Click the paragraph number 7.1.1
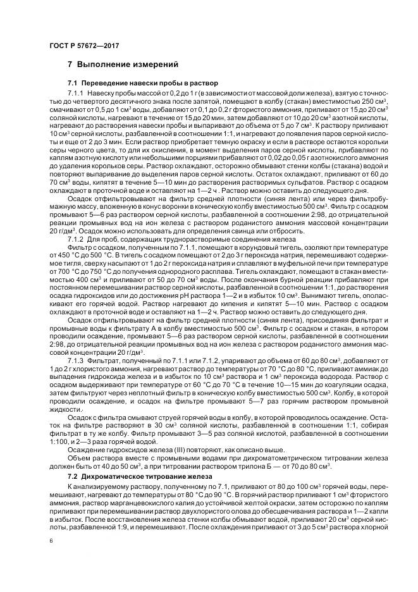pos(76,93)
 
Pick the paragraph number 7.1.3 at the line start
pos(76,357)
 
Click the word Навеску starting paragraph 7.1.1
pos(100,93)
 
